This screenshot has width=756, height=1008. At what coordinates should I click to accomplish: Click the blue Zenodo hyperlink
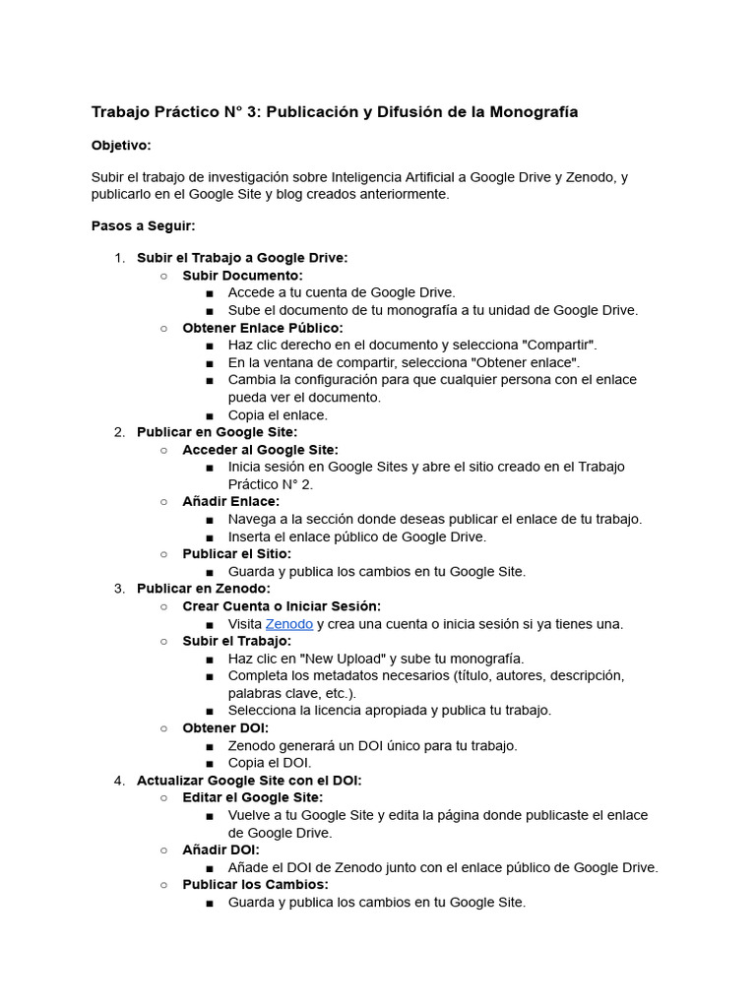pyautogui.click(x=289, y=624)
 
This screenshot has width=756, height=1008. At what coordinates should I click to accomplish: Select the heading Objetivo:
pyautogui.click(x=121, y=146)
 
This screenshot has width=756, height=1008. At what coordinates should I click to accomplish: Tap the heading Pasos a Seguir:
pyautogui.click(x=143, y=226)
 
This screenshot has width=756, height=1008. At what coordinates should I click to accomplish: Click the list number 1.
pyautogui.click(x=119, y=258)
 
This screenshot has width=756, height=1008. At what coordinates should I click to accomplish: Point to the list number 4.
pyautogui.click(x=119, y=781)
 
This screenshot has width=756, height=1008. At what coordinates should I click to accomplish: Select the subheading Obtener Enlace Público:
pyautogui.click(x=263, y=328)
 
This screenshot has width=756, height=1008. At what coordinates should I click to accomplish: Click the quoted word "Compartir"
pyautogui.click(x=558, y=346)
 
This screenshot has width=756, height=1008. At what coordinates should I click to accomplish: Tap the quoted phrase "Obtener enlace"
pyautogui.click(x=528, y=362)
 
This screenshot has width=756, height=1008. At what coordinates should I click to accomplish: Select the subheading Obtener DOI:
pyautogui.click(x=225, y=728)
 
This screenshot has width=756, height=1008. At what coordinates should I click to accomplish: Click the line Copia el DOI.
pyautogui.click(x=270, y=763)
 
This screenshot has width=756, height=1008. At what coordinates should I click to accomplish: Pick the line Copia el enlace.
pyautogui.click(x=278, y=415)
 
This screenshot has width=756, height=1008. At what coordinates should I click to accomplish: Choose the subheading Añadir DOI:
pyautogui.click(x=220, y=850)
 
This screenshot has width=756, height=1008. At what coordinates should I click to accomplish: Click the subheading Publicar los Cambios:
pyautogui.click(x=256, y=885)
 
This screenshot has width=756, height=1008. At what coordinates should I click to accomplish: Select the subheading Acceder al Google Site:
pyautogui.click(x=260, y=450)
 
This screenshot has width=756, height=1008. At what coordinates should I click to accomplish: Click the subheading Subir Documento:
pyautogui.click(x=242, y=276)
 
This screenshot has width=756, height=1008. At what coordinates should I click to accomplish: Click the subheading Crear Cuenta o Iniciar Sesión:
pyautogui.click(x=282, y=606)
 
